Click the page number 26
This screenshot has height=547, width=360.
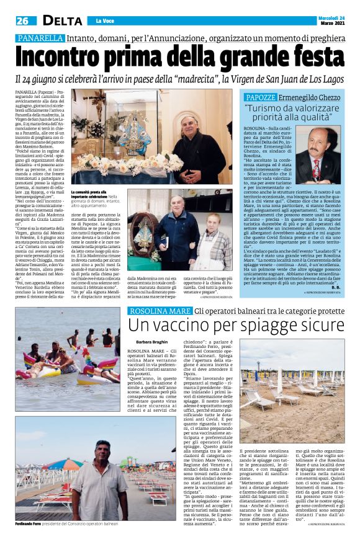point(24,20)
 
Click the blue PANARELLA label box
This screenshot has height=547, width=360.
point(40,38)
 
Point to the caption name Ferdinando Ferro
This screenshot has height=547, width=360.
point(30,525)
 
